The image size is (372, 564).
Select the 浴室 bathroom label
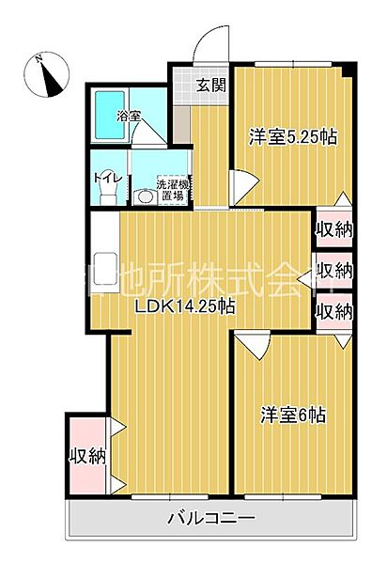pyautogui.click(x=129, y=117)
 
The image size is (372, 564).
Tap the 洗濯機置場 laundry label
pyautogui.click(x=173, y=190)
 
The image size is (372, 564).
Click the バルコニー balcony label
pyautogui.click(x=212, y=518)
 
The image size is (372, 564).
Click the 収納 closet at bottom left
pyautogui.click(x=86, y=456)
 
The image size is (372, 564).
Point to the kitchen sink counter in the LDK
pyautogui.click(x=103, y=263)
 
